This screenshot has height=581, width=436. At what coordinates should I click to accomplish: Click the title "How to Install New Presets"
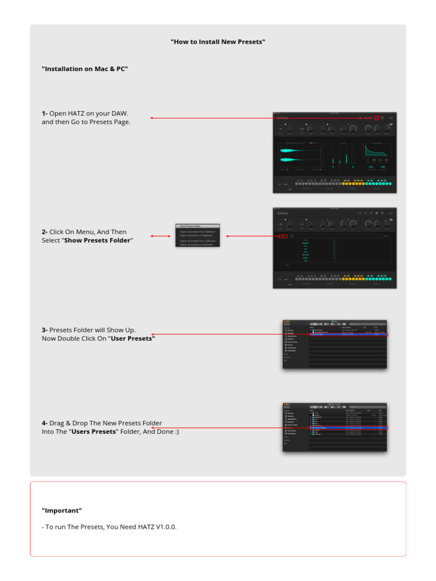coord(217,42)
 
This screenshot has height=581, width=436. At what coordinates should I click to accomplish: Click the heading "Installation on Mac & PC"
coord(85,69)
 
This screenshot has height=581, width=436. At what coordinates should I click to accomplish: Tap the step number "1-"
coord(45,113)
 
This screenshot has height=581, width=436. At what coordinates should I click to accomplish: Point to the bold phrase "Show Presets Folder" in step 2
coord(97,241)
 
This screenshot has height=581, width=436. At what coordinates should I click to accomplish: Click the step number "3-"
coord(45,330)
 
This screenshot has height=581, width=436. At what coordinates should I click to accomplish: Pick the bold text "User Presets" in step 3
coord(133,339)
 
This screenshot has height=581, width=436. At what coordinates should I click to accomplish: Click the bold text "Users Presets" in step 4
coord(94,432)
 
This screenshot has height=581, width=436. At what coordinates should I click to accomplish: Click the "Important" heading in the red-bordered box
coord(62,511)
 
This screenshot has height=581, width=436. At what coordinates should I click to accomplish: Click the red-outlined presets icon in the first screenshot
coord(376,118)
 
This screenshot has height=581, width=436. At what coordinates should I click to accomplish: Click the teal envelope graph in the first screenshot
coord(377,150)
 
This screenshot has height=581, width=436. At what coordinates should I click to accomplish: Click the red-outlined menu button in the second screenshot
coord(283,236)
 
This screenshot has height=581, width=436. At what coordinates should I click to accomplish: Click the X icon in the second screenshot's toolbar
coord(376,213)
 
